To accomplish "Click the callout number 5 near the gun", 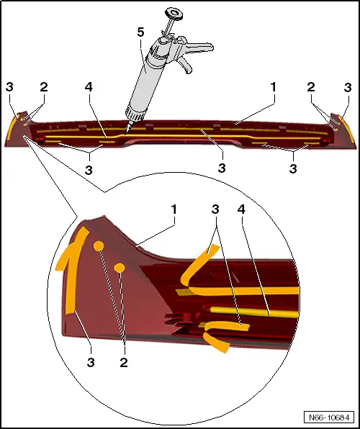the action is [x=140, y=32].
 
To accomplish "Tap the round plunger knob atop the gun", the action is [x=174, y=13].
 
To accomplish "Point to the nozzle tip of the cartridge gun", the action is [x=126, y=134].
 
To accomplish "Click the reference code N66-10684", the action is [x=329, y=417].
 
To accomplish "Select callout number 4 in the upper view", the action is [x=89, y=87].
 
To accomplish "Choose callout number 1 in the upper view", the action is [x=273, y=87].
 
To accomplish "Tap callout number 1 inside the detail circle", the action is [x=174, y=210].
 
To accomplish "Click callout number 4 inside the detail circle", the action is [x=241, y=209].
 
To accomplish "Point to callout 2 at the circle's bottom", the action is [x=124, y=363].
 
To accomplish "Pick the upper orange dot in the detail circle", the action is [x=99, y=246].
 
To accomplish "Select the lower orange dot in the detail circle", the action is [x=120, y=268].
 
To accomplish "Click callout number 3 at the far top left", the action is [x=9, y=87].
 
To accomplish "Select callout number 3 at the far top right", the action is [x=348, y=88].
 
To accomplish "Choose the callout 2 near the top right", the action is [x=311, y=87].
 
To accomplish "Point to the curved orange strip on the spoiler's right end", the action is [x=348, y=129].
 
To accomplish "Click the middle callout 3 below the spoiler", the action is [x=222, y=168].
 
